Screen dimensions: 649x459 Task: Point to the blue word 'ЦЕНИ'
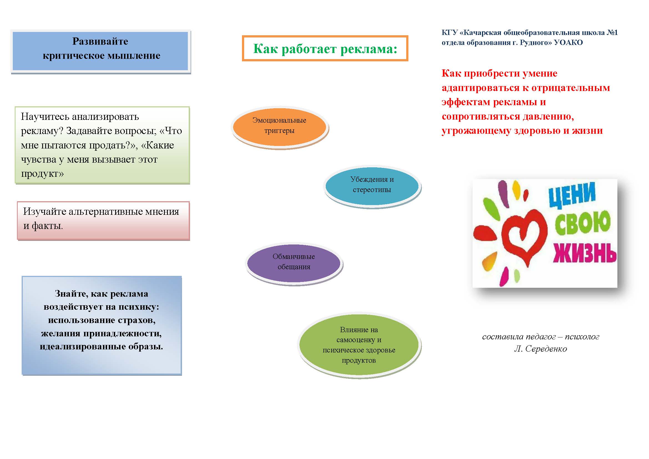pyautogui.click(x=572, y=195)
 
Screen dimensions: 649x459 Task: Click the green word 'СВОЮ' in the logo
pyautogui.click(x=582, y=223)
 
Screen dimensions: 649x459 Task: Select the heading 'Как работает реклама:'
pyautogui.click(x=325, y=49)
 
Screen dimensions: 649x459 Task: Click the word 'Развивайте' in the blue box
pyautogui.click(x=100, y=42)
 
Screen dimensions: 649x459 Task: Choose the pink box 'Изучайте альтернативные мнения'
pyautogui.click(x=103, y=221)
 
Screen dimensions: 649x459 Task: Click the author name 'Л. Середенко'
pyautogui.click(x=541, y=349)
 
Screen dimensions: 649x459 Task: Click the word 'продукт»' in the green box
pyautogui.click(x=42, y=174)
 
